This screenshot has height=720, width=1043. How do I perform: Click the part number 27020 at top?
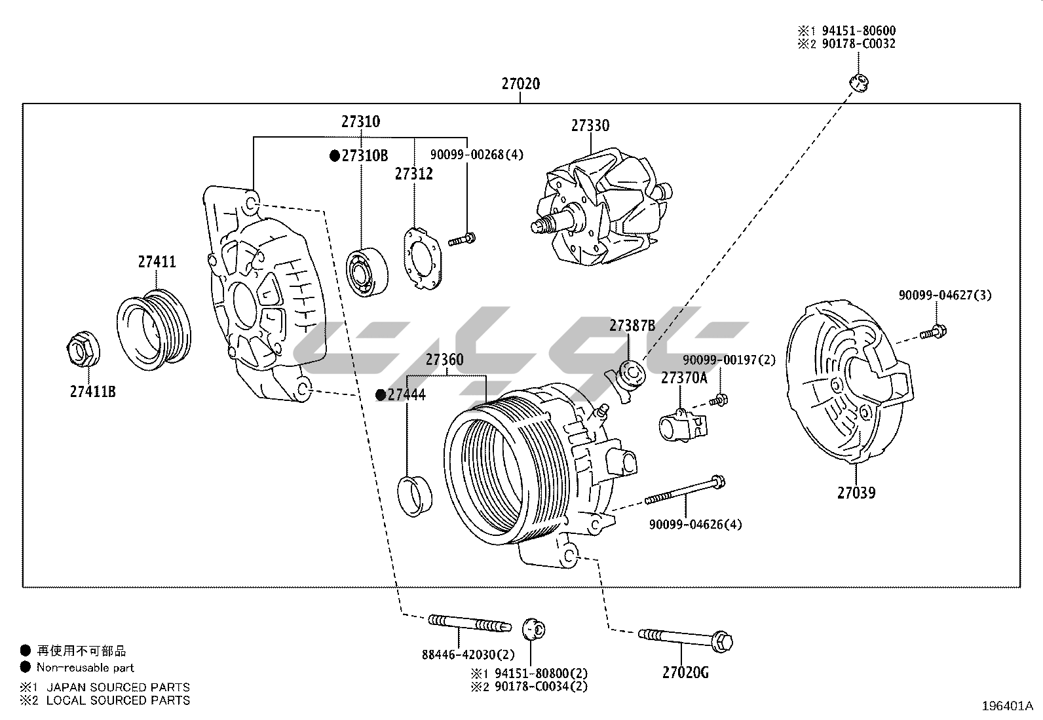(521, 84)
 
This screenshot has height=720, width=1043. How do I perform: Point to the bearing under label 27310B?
(365, 271)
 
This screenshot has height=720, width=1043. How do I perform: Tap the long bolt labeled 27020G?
(685, 638)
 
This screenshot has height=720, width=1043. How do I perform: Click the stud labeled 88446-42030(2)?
(469, 622)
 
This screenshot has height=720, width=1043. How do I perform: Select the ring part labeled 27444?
(415, 496)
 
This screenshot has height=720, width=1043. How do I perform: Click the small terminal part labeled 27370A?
(682, 425)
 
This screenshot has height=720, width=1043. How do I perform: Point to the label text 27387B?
(632, 326)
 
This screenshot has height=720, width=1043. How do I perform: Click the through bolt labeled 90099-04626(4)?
(685, 491)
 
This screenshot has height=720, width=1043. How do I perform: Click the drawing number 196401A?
(1006, 706)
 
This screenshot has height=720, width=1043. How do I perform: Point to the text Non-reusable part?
(85, 668)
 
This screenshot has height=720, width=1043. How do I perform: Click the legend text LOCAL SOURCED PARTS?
(118, 700)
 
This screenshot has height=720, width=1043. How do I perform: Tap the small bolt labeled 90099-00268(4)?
(462, 239)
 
